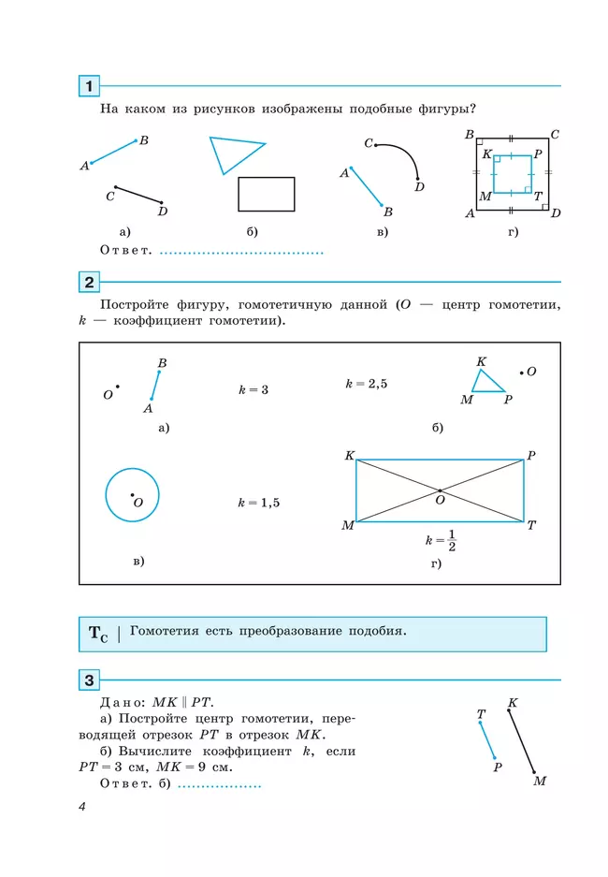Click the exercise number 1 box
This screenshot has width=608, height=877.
pos(89,86)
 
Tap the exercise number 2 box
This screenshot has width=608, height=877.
pos(89,282)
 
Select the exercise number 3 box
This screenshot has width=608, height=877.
pos(89,680)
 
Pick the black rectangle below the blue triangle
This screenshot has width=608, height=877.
pos(266,194)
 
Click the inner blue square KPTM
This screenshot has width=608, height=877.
pos(512,156)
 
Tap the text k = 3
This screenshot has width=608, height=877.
pos(253,390)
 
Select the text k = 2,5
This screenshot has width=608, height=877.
pos(367,384)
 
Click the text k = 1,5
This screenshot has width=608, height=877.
pos(259,503)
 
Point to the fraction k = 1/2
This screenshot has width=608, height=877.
pos(441,540)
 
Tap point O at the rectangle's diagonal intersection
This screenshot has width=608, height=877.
pos(440,490)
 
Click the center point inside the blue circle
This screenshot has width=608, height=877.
pos(133,495)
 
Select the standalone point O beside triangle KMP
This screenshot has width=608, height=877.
pos(521,373)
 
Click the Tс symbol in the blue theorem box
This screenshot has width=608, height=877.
pos(98,634)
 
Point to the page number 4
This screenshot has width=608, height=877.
pos(82,807)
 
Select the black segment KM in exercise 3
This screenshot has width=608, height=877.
pos(521,741)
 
